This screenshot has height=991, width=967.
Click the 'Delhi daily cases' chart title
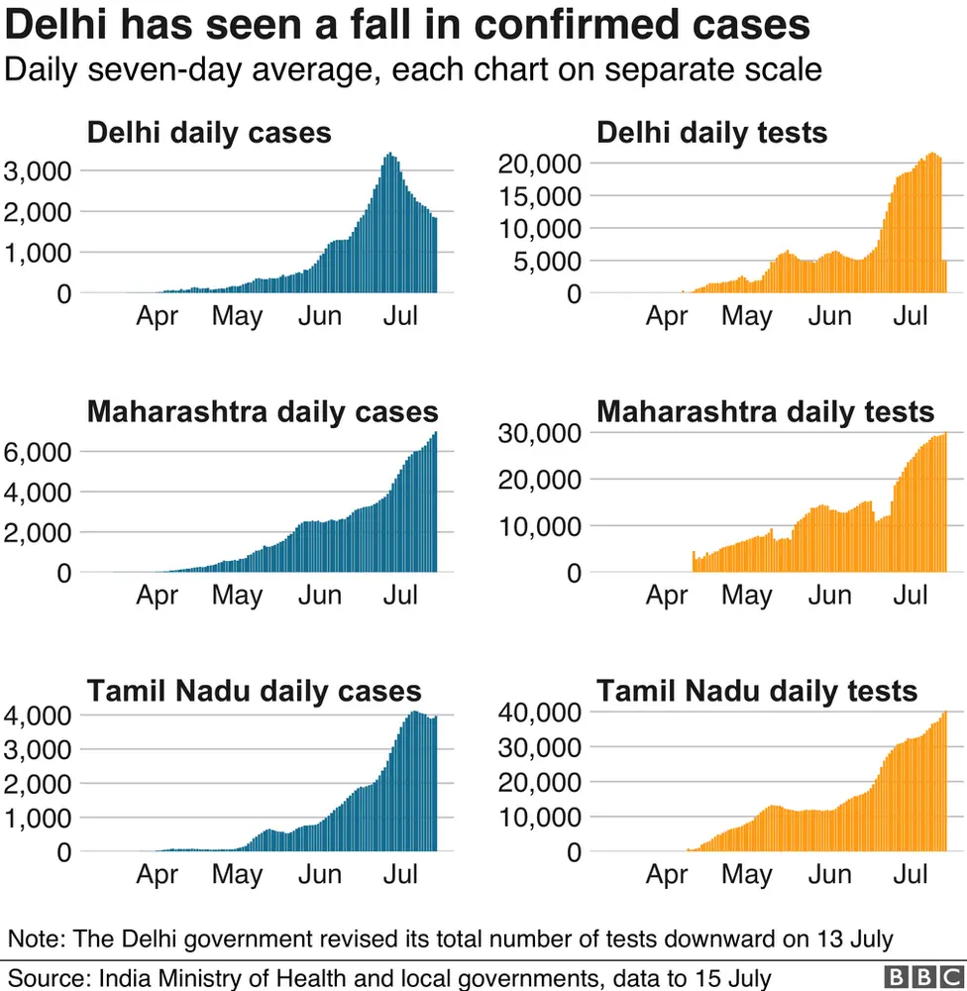[209, 133]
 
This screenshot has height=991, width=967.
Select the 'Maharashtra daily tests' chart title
[765, 411]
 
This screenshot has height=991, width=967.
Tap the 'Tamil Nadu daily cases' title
[254, 691]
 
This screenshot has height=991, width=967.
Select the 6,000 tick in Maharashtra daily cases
[38, 452]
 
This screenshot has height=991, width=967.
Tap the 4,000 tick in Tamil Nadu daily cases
[38, 715]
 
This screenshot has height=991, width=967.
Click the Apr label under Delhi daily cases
[157, 316]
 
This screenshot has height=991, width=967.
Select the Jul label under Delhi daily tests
[911, 316]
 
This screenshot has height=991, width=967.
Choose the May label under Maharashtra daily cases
[238, 596]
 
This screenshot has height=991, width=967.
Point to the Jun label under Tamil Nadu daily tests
[829, 875]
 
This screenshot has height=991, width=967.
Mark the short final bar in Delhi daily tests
[945, 276]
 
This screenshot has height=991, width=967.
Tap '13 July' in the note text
[854, 937]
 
